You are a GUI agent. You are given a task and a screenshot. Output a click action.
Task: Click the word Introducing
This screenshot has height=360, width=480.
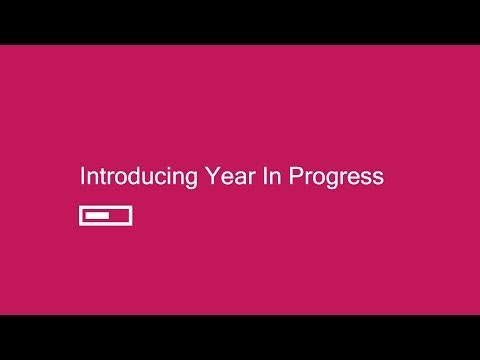click(139, 178)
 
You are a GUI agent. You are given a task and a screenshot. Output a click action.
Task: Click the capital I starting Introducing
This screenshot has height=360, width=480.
click(82, 177)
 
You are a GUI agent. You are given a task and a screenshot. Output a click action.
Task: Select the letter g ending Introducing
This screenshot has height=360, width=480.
click(192, 180)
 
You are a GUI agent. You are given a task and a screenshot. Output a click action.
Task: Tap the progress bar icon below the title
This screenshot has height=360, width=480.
click(106, 215)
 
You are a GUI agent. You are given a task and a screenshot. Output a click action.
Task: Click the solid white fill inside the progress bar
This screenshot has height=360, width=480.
click(97, 215)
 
